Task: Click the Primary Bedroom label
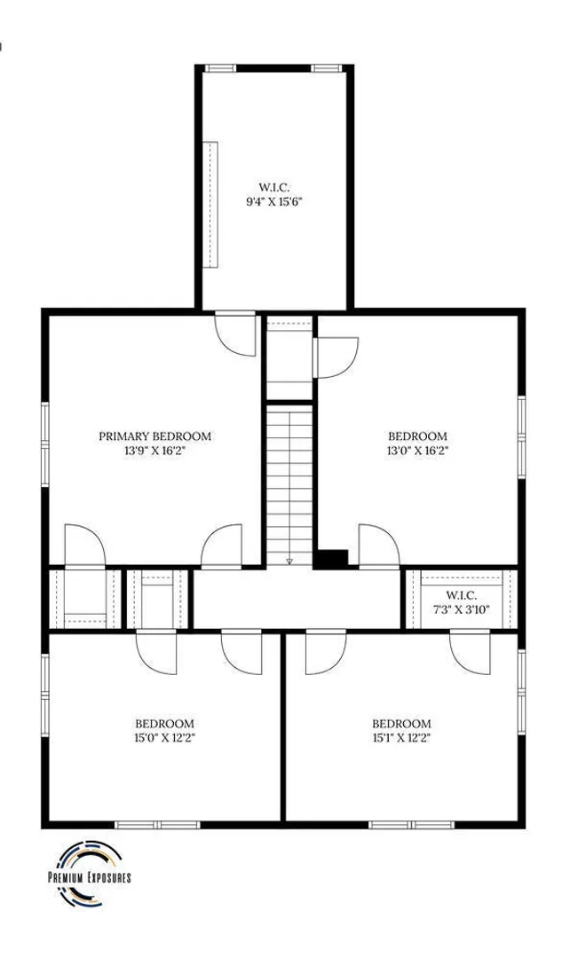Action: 154,436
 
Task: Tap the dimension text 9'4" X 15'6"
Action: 274,201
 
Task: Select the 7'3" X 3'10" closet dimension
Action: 461,609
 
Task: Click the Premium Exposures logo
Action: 90,873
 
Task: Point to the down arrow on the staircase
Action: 290,561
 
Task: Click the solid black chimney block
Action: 331,559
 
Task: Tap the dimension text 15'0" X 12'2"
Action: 164,737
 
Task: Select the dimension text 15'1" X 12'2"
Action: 401,737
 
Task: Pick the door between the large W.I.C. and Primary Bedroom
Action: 235,334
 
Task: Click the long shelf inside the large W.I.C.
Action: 210,204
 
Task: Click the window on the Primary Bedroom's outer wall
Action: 44,444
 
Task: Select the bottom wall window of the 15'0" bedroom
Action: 158,825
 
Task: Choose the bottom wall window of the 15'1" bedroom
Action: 412,825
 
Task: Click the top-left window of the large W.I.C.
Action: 220,67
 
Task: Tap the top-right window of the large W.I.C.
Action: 327,67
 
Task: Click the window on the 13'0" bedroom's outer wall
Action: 522,436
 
